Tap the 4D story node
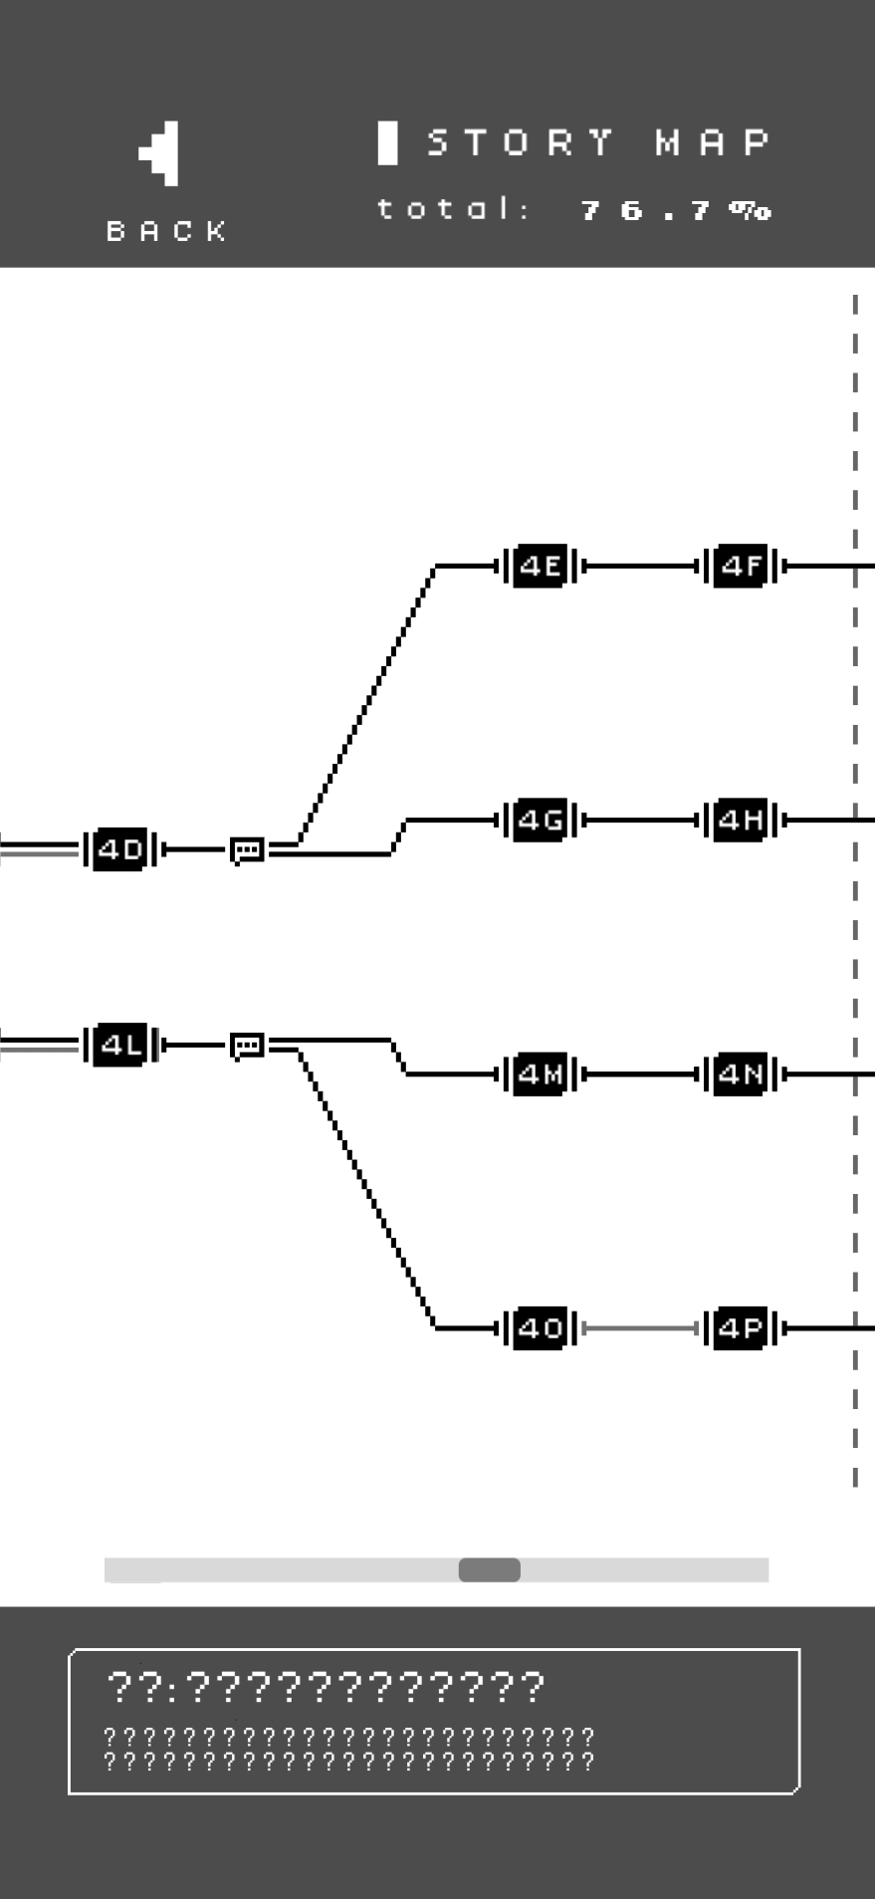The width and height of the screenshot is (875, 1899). pos(120,850)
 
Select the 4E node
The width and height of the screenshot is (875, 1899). pos(541,567)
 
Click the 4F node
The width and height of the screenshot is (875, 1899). pos(742,567)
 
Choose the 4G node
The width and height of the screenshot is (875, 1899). pos(541,821)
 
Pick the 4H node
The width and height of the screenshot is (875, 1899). pos(742,821)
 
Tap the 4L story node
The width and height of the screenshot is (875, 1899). pos(120,1046)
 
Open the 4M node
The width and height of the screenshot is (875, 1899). pos(541,1074)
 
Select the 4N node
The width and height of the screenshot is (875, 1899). pos(742,1074)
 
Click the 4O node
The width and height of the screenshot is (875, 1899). pos(541,1328)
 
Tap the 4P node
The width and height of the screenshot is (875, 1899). pos(742,1328)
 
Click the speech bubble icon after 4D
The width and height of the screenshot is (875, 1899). pos(247,850)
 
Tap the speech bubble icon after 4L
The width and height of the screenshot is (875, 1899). pos(247,1046)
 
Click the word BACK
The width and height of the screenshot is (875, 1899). pos(167,231)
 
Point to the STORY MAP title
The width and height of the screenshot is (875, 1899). pos(598,143)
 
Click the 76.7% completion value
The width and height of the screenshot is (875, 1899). pos(675,210)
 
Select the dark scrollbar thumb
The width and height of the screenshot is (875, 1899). pos(489,1569)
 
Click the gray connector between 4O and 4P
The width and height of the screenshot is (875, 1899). pos(640,1328)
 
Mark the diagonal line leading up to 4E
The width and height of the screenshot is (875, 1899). pos(366,705)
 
